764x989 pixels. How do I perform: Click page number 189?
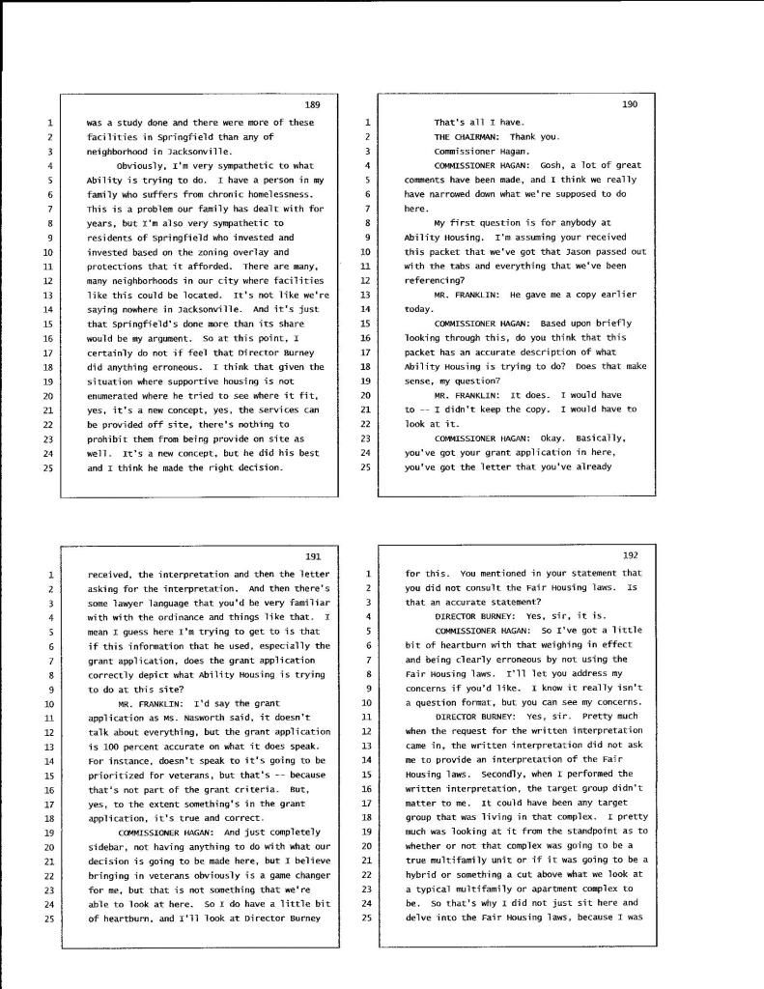click(311, 104)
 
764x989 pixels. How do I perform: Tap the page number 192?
click(630, 555)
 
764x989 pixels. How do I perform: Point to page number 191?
click(311, 556)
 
